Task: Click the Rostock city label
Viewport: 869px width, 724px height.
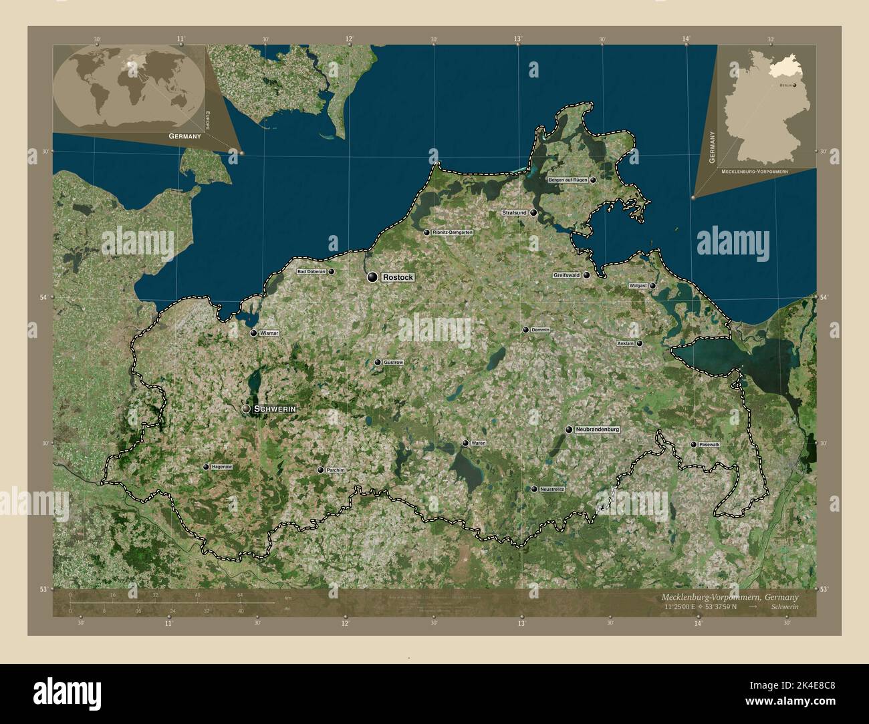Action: pos(398,277)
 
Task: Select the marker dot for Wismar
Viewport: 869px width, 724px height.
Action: pos(253,333)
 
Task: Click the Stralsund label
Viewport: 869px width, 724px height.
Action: pos(515,212)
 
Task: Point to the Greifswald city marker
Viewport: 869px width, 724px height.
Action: pos(586,275)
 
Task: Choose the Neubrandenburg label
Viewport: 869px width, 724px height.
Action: pos(598,429)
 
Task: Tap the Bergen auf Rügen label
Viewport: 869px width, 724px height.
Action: pos(568,180)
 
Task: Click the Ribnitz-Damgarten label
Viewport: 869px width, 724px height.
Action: pos(453,232)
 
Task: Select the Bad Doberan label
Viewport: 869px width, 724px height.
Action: pos(311,272)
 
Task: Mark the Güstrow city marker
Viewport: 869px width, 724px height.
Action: pos(378,362)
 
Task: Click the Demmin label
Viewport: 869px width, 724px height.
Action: pos(540,330)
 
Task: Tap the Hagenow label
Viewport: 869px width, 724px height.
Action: pos(221,467)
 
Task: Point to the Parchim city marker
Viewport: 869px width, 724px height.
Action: pos(320,470)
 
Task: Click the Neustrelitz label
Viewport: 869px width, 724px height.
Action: pos(552,490)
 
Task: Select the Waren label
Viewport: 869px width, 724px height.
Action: pos(479,443)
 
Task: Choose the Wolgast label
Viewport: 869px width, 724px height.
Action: pos(638,286)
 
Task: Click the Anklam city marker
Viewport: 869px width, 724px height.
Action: pos(640,343)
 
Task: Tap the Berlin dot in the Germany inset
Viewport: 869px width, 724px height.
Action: pos(795,85)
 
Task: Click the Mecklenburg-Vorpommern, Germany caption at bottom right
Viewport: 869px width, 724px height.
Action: pos(729,596)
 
